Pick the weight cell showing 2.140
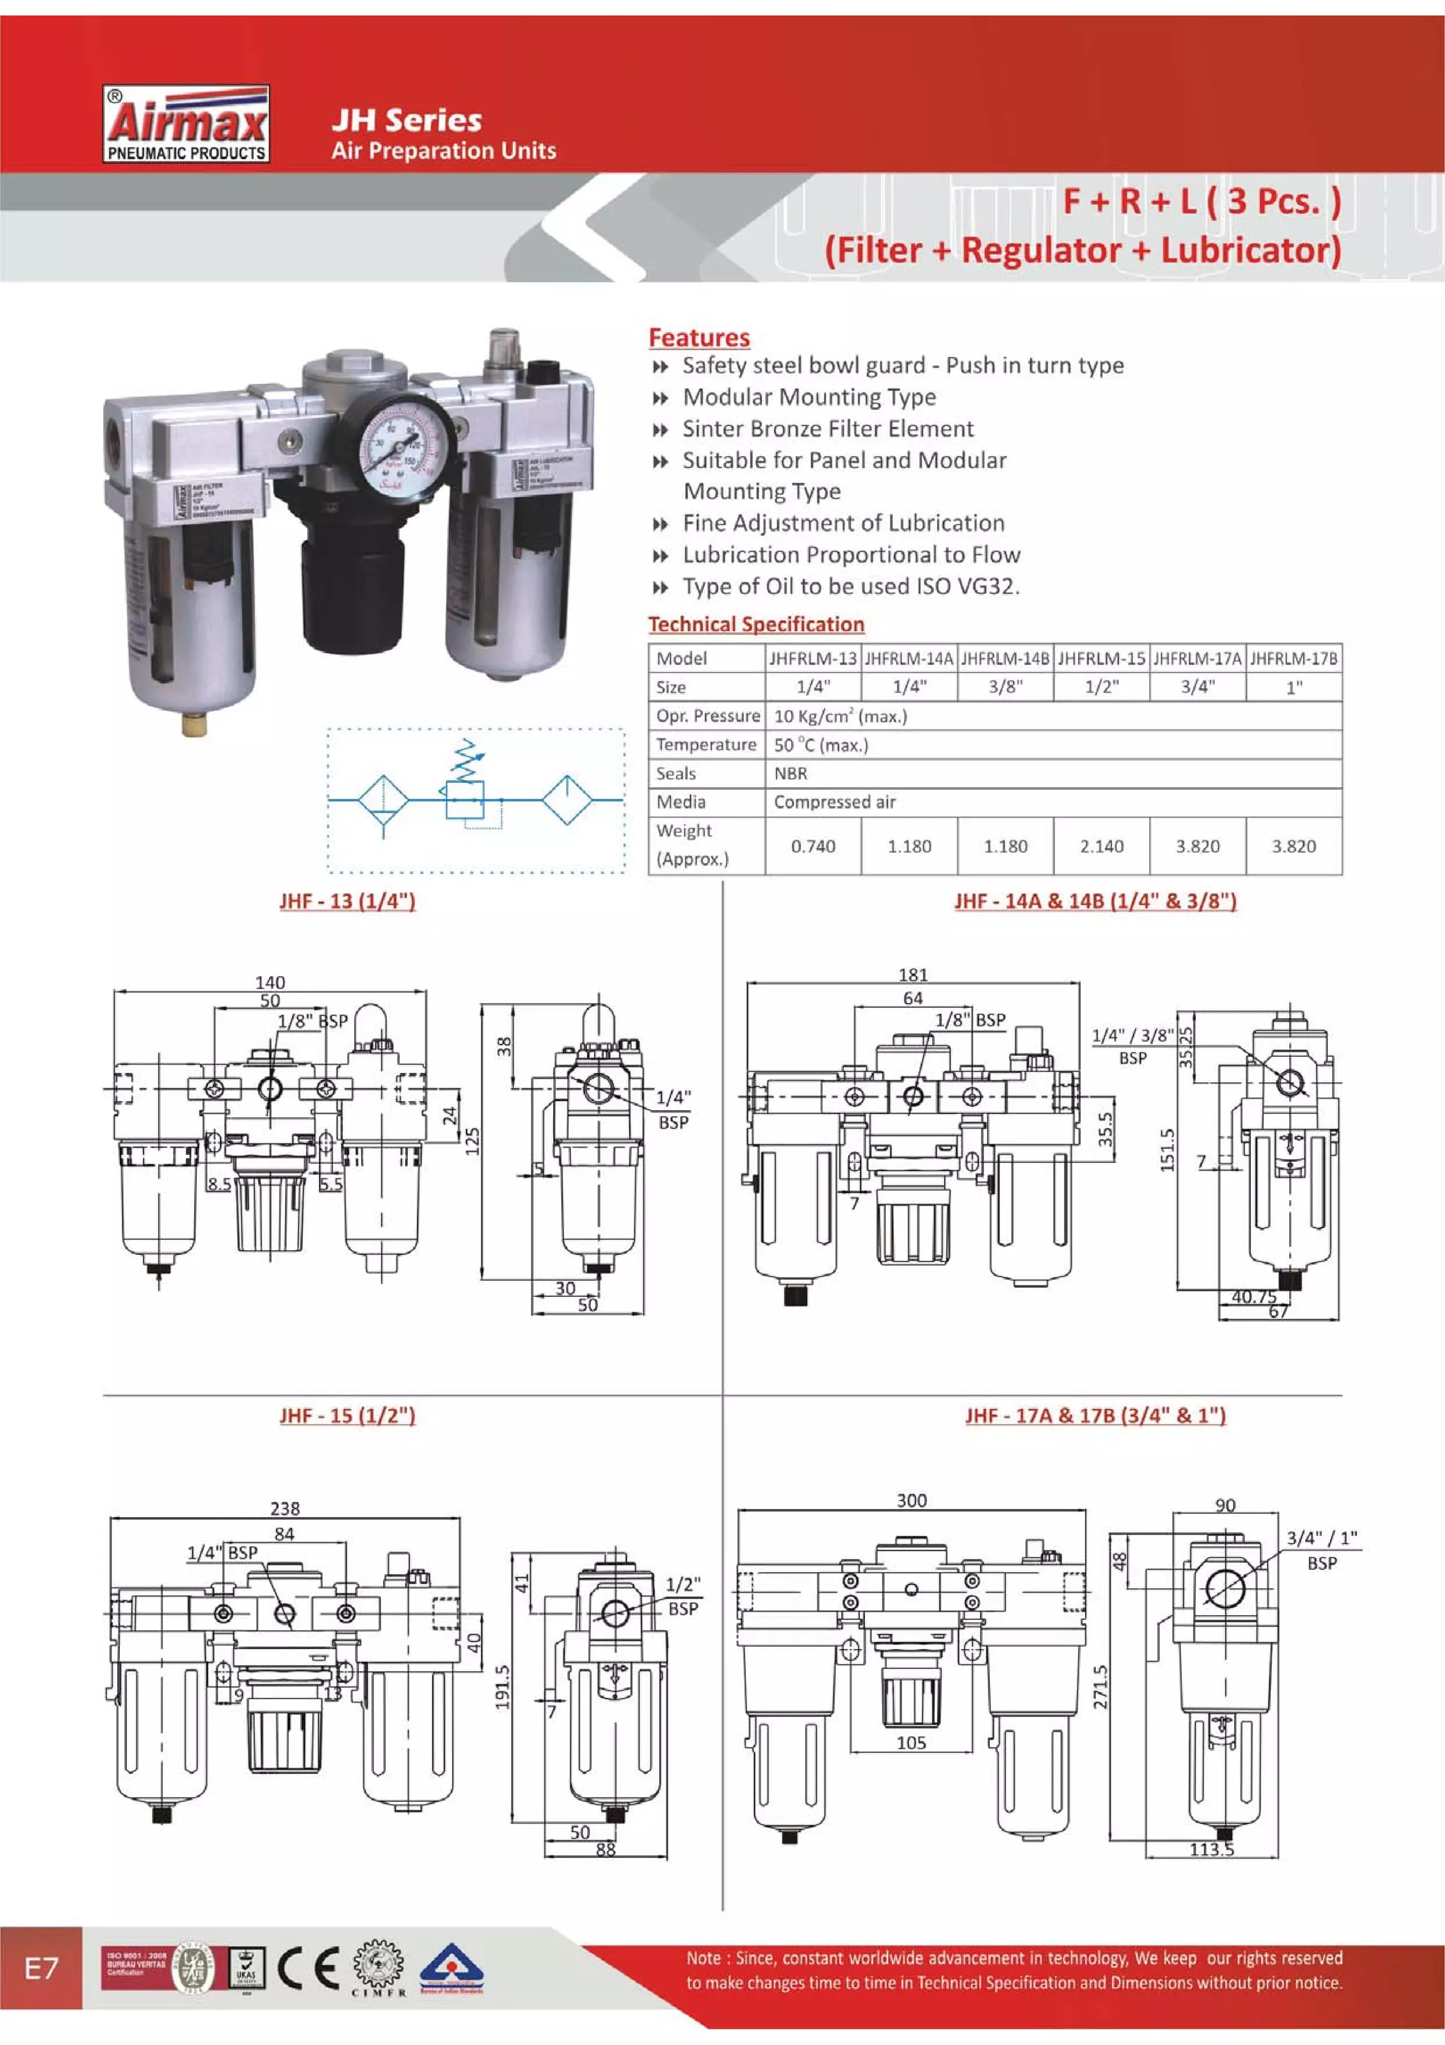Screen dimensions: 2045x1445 [x=1101, y=846]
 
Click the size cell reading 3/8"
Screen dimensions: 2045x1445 [x=1005, y=687]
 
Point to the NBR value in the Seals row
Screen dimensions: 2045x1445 [x=791, y=773]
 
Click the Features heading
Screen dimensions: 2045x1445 [x=699, y=337]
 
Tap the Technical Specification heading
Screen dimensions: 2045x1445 [x=756, y=624]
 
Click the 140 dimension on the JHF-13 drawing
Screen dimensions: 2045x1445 [x=270, y=983]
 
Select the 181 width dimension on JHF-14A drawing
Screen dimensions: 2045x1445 [x=912, y=974]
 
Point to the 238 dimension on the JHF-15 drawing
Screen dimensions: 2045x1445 [x=285, y=1508]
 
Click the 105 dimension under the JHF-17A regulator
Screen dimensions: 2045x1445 [x=911, y=1742]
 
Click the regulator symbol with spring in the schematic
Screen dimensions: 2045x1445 [x=466, y=788]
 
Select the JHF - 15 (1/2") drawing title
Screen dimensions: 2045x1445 [x=347, y=1415]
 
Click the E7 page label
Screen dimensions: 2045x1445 [x=41, y=1967]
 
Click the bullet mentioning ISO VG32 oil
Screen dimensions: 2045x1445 [x=850, y=586]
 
